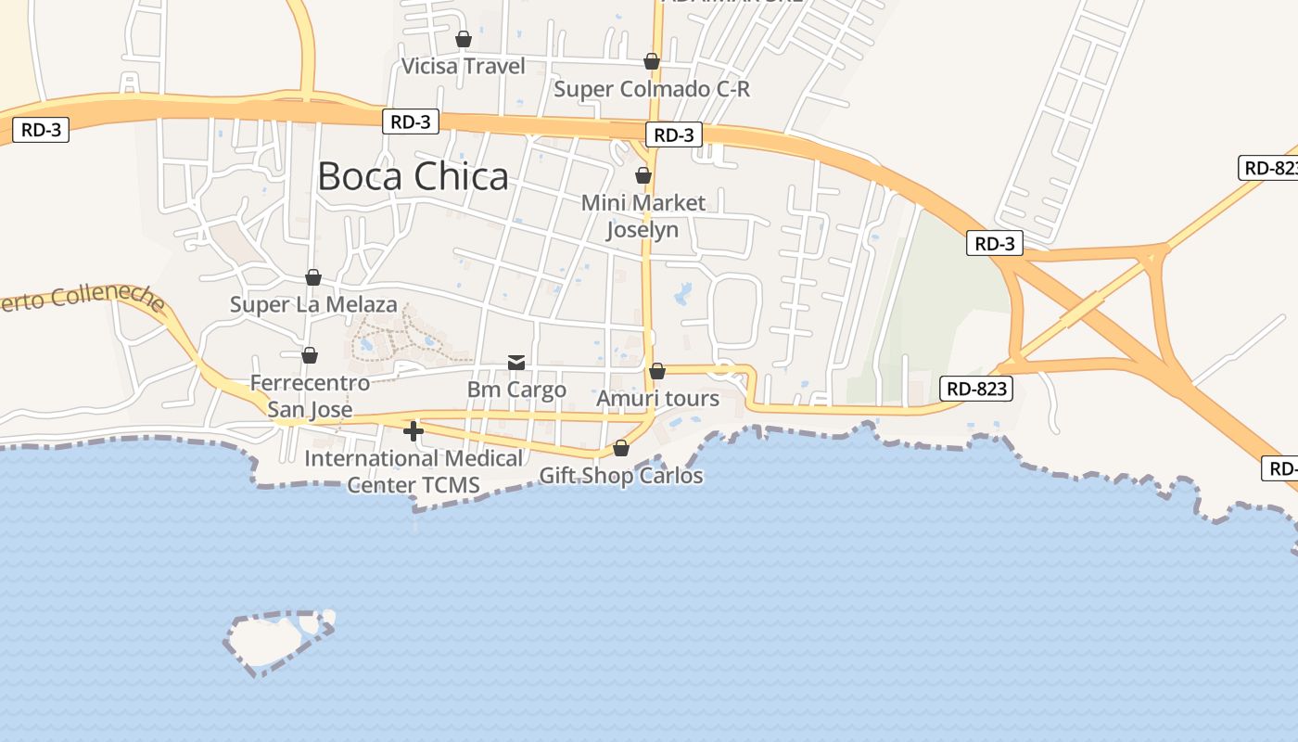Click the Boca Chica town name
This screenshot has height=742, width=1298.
(x=413, y=176)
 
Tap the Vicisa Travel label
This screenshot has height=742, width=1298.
(x=463, y=66)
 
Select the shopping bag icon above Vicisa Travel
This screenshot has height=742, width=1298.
(x=464, y=39)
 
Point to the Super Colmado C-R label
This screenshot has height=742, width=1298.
(x=651, y=89)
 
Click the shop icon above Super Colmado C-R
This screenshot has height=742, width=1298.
(x=652, y=61)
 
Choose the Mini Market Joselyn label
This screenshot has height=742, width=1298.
(x=643, y=216)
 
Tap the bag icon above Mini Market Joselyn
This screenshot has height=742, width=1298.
(x=643, y=174)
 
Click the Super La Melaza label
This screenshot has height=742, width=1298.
(x=313, y=304)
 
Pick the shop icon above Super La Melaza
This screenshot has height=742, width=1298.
(x=313, y=277)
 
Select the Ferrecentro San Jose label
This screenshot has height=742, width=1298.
(x=310, y=396)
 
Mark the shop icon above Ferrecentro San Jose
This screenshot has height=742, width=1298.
(x=310, y=355)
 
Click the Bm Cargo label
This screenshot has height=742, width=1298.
(x=516, y=390)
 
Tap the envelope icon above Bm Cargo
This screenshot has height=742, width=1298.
(x=516, y=363)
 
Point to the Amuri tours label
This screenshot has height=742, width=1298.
(x=657, y=399)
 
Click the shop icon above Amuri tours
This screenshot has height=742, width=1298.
(x=657, y=371)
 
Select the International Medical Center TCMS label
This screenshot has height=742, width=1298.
(x=414, y=471)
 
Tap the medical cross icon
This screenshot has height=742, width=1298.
(x=414, y=431)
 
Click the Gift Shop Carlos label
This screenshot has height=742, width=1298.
(x=621, y=476)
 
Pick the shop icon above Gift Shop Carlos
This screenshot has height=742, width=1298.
(x=621, y=449)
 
